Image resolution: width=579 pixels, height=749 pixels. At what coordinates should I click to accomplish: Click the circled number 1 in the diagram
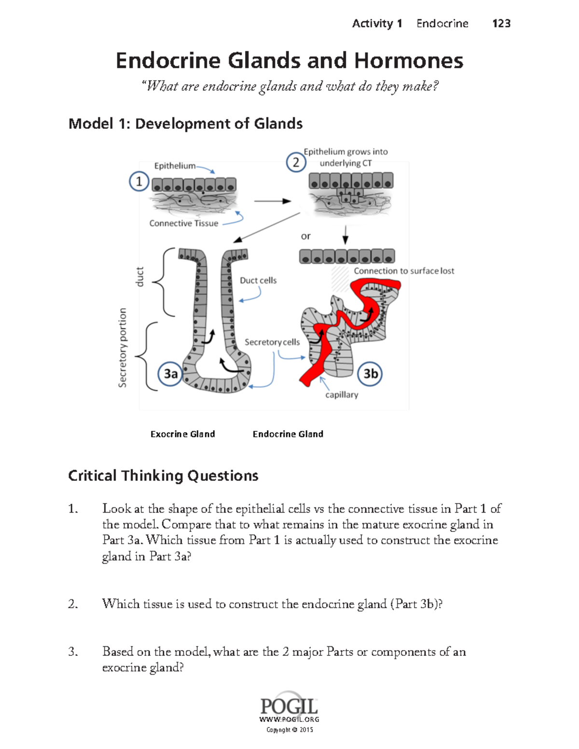click(139, 181)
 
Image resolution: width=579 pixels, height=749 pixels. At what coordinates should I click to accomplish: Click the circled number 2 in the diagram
click(296, 162)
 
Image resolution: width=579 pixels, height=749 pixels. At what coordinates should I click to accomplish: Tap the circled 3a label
click(170, 374)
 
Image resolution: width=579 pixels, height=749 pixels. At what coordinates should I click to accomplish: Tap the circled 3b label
click(370, 374)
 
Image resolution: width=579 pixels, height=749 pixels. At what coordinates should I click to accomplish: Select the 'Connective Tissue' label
click(183, 223)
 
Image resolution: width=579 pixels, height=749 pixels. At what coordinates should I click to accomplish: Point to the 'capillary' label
click(342, 395)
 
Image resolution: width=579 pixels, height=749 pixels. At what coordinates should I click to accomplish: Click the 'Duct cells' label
click(258, 280)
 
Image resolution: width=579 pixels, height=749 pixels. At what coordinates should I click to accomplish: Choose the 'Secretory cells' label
click(272, 342)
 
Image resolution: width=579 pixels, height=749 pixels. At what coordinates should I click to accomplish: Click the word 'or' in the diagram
click(305, 236)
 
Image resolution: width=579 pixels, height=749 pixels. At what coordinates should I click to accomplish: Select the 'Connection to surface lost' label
click(404, 271)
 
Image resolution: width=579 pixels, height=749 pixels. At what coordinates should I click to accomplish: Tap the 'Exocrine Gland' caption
click(182, 434)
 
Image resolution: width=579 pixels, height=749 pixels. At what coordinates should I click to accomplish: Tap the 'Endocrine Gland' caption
click(288, 434)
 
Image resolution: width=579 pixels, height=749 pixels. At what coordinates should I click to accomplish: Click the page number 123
click(501, 23)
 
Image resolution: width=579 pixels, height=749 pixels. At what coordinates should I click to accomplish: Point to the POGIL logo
click(289, 707)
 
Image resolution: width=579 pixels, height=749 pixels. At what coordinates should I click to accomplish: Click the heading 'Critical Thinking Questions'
click(163, 476)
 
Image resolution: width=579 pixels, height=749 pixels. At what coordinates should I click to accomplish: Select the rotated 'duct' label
click(139, 277)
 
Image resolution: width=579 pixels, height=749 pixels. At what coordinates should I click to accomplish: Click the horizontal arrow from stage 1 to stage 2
click(272, 201)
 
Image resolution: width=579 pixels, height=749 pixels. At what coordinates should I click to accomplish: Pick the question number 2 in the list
click(73, 604)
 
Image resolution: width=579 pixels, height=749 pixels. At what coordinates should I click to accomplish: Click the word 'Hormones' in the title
click(409, 61)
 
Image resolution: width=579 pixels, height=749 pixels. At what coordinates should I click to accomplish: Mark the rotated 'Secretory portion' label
click(123, 347)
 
